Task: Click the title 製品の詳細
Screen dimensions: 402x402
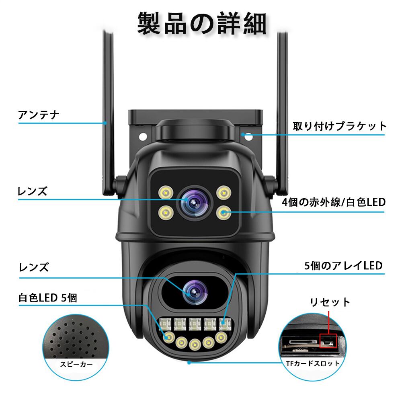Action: click(202, 23)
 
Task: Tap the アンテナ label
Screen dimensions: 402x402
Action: click(39, 115)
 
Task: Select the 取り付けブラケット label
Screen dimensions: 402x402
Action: click(339, 126)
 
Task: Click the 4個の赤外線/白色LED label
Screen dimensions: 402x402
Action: click(334, 202)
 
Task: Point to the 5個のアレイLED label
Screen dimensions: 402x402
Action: click(343, 266)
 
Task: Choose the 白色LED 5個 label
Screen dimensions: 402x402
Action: click(47, 298)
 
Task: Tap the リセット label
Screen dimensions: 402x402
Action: click(330, 302)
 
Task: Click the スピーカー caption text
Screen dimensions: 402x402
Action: click(76, 365)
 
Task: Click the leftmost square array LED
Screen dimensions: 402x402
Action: click(164, 323)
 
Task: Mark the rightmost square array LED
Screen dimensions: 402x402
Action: click(224, 322)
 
